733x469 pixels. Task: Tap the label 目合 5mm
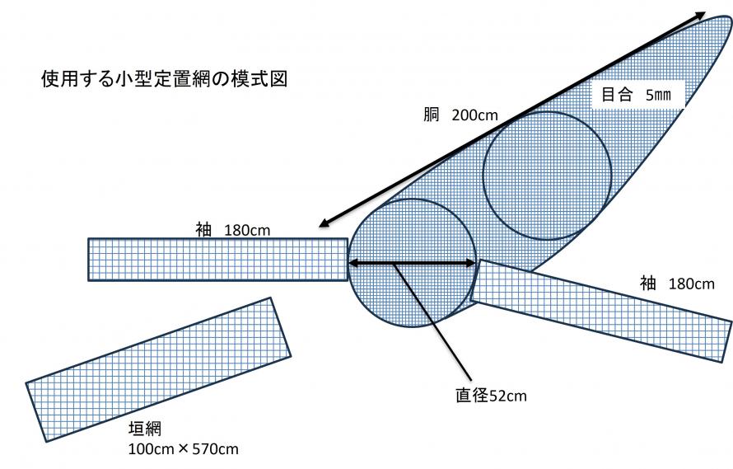pyautogui.click(x=636, y=95)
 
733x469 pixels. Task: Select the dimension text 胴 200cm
pyautogui.click(x=460, y=115)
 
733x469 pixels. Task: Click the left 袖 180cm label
pyautogui.click(x=233, y=230)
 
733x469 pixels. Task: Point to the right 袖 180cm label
pyautogui.click(x=677, y=284)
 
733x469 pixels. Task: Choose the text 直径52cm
pyautogui.click(x=492, y=396)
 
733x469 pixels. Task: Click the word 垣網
pyautogui.click(x=145, y=429)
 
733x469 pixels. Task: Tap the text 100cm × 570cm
pyautogui.click(x=183, y=449)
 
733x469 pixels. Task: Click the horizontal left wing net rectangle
pyautogui.click(x=218, y=260)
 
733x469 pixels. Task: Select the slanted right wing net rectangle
pyautogui.click(x=600, y=310)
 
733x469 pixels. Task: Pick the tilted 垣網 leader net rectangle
pyautogui.click(x=158, y=369)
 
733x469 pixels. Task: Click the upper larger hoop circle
pyautogui.click(x=547, y=176)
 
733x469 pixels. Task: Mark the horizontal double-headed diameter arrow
pyautogui.click(x=412, y=263)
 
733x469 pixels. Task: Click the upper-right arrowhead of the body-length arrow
pyautogui.click(x=701, y=15)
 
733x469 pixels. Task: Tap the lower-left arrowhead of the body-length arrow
pyautogui.click(x=324, y=223)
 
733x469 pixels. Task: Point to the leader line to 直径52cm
pyautogui.click(x=432, y=321)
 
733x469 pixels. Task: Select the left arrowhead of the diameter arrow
pyautogui.click(x=353, y=263)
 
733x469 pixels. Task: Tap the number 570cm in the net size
pyautogui.click(x=215, y=449)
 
